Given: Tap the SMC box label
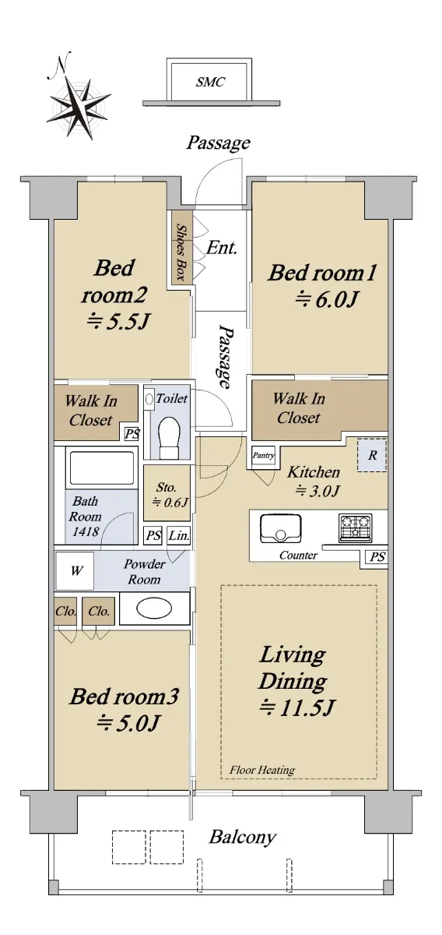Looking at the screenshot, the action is [x=210, y=82].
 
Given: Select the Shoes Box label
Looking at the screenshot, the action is [x=181, y=252].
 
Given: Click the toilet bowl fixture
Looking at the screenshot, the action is [x=169, y=437].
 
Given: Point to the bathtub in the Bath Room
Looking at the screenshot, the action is [x=102, y=467].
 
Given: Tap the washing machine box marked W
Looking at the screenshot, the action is [x=75, y=570].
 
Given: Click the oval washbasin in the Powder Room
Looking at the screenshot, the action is [x=154, y=609].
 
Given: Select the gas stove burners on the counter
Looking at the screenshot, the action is [x=356, y=528].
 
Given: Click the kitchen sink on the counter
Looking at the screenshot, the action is [x=281, y=528].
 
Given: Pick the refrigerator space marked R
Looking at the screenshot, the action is [x=372, y=455].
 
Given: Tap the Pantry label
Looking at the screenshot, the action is [x=264, y=455].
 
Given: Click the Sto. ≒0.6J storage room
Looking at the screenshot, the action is [x=167, y=493].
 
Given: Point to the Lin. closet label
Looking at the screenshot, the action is [x=179, y=535].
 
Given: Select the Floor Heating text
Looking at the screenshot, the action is [x=262, y=770].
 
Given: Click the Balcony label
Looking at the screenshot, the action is [x=242, y=837].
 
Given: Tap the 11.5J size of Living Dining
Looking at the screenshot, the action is [x=297, y=707].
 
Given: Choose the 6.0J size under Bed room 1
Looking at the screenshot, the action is [x=327, y=299].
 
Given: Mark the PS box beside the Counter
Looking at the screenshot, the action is [x=377, y=557].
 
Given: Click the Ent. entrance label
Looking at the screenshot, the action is [x=222, y=248].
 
